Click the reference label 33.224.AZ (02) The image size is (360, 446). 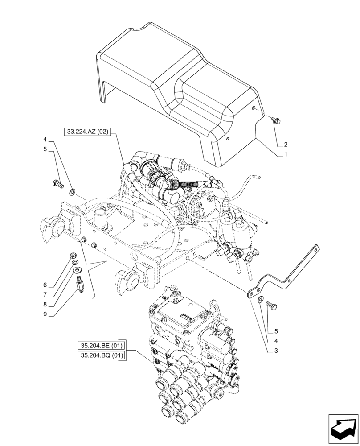coord(88,132)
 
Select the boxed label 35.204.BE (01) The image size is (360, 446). coord(102,345)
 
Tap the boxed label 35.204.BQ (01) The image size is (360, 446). coord(102,355)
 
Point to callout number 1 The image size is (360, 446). coord(285,154)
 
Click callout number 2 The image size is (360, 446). coord(285,145)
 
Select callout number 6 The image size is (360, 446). coord(45,285)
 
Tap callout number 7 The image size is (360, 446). coord(45,294)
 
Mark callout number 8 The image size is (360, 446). coord(45,305)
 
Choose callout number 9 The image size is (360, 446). coord(45,315)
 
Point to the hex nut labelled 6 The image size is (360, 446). coord(72,256)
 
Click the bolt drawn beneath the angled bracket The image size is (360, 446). coord(270,306)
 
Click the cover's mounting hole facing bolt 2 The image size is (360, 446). coord(253,108)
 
